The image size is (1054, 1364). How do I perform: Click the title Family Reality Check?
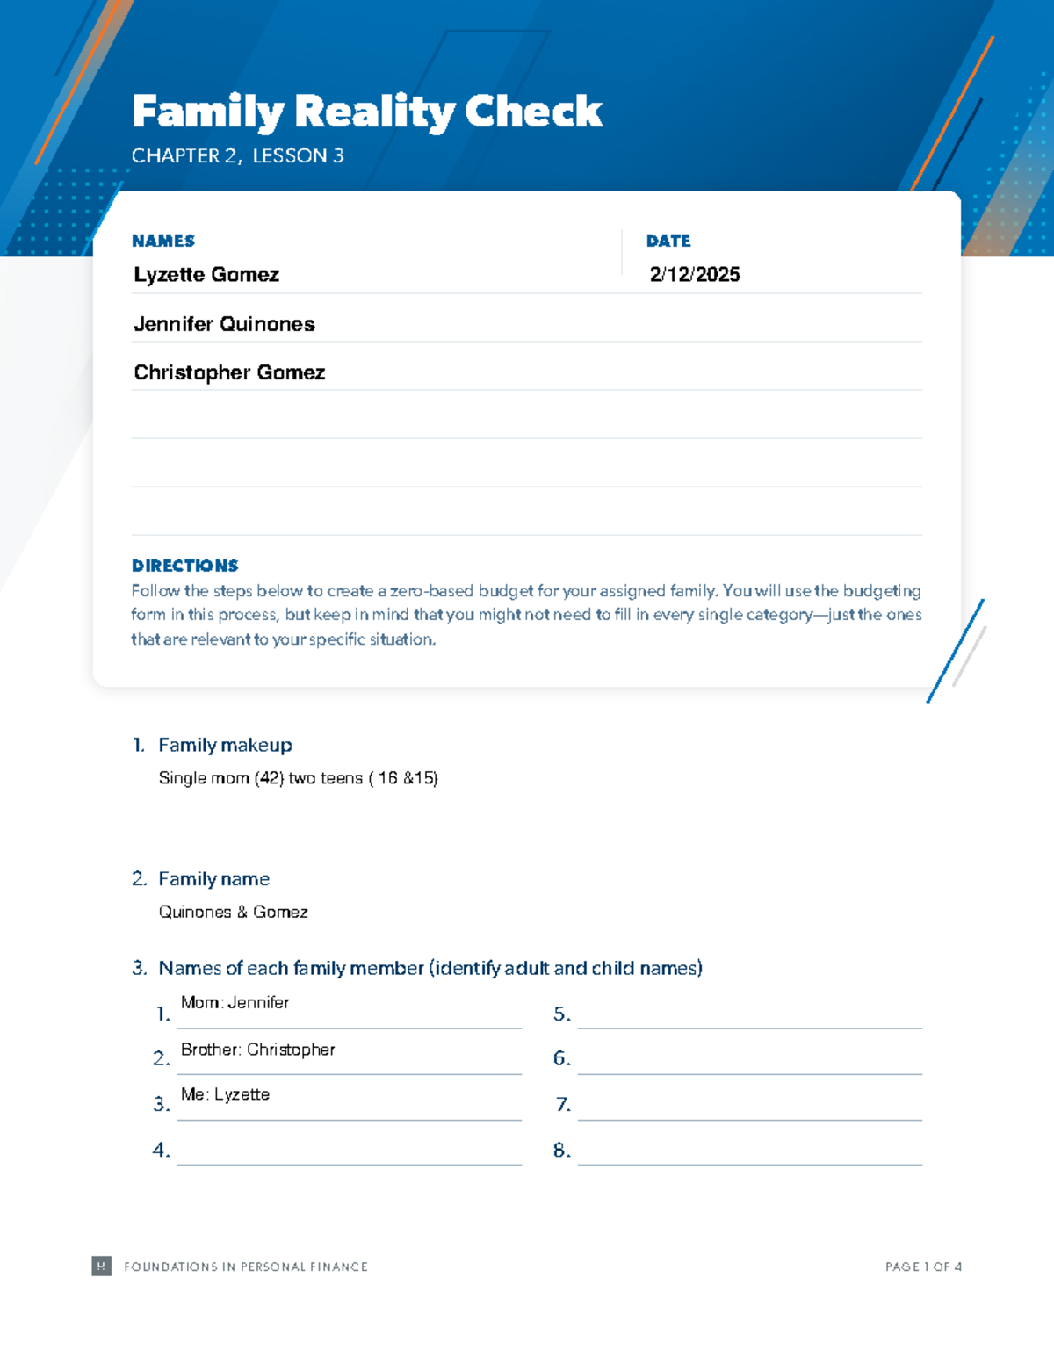tap(366, 112)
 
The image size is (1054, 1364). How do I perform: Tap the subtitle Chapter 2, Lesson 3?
tap(237, 156)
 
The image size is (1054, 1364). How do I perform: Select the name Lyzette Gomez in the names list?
tap(206, 275)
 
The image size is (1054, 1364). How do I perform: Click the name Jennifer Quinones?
tap(224, 324)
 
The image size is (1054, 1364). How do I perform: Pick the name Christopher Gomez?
tap(229, 372)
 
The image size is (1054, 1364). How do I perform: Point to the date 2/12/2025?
tap(695, 275)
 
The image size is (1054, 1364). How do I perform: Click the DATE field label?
tap(668, 241)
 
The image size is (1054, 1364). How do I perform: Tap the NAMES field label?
tap(163, 241)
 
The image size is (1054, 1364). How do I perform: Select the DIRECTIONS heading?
tap(184, 566)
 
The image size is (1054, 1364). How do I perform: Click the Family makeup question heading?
tap(225, 745)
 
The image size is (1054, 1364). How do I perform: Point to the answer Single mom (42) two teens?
tap(298, 778)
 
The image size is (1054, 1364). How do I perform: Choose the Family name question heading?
tap(213, 879)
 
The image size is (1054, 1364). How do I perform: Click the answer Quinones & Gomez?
tap(233, 912)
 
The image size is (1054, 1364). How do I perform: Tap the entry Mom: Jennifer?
tap(235, 1002)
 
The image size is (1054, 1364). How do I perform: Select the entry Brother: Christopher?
tap(257, 1050)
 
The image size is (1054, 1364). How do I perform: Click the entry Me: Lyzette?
tap(225, 1094)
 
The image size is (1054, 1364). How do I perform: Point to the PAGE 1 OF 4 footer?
tap(923, 1267)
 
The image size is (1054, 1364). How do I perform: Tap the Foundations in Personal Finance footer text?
tap(246, 1267)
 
